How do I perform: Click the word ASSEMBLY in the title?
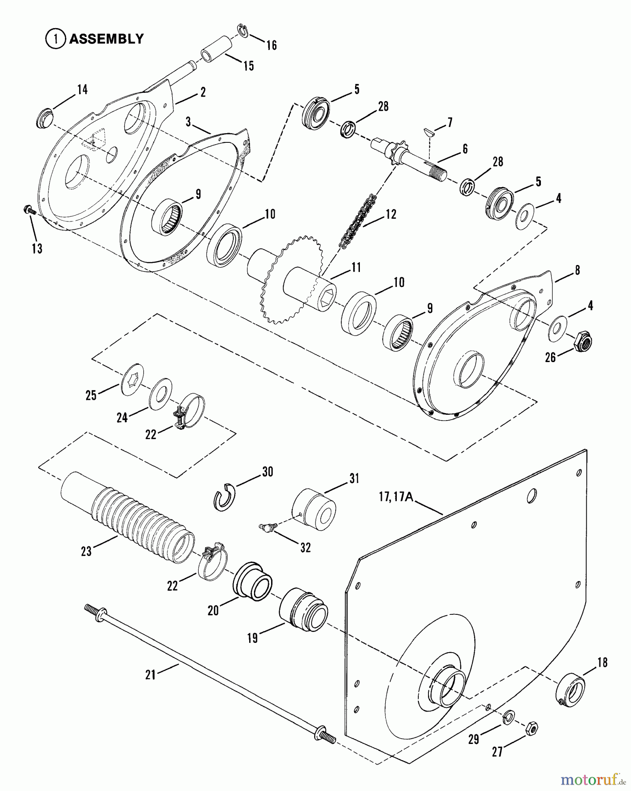point(106,39)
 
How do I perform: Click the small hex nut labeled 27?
point(531,729)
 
